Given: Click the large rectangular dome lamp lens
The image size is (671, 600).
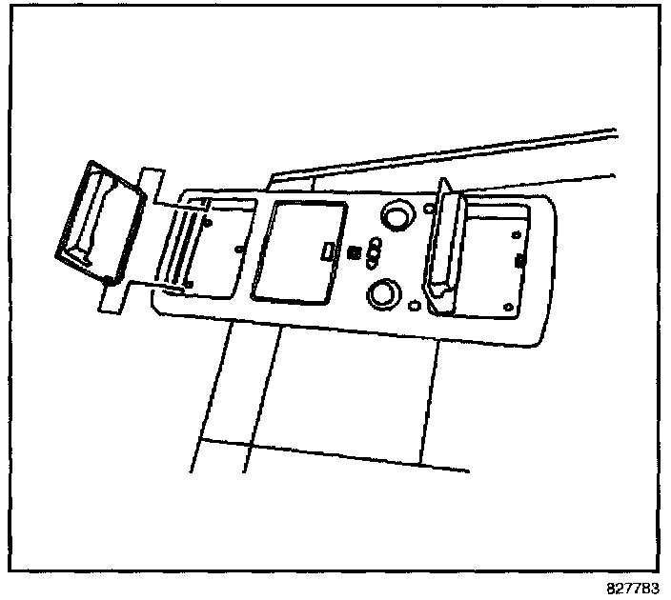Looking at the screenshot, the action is [x=297, y=251].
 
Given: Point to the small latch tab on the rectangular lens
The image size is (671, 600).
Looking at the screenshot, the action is [x=326, y=251].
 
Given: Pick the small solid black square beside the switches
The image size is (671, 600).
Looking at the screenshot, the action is [x=354, y=252].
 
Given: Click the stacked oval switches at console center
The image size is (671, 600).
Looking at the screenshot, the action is [x=374, y=252].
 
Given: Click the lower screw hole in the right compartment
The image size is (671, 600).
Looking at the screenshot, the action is [x=507, y=306].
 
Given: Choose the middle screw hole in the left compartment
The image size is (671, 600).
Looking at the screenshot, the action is [x=237, y=250].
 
